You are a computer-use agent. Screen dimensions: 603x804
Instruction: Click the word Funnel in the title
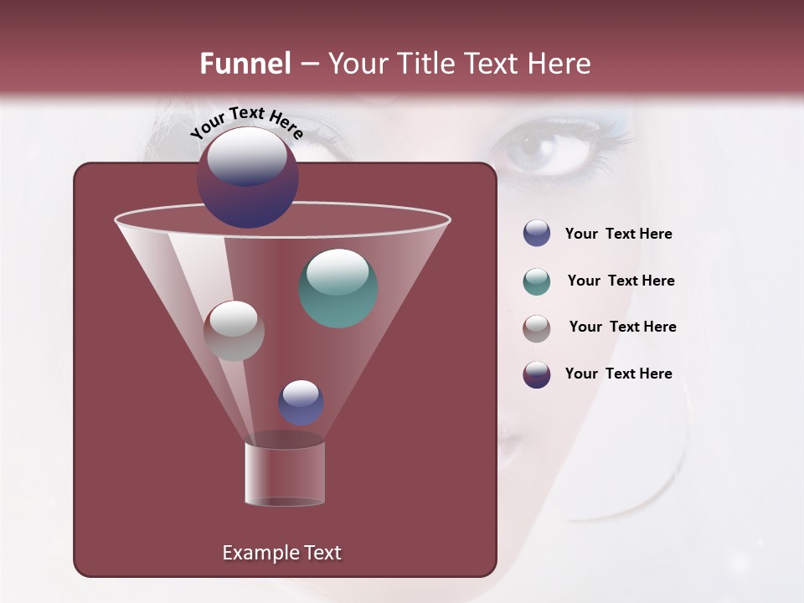point(245,64)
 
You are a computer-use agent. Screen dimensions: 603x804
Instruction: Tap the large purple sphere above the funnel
point(248,178)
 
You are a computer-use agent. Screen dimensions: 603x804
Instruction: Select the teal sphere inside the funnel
point(338,288)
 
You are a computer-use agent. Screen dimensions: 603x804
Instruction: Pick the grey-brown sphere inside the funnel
point(234,331)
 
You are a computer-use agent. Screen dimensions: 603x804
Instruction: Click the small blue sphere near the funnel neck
point(301,403)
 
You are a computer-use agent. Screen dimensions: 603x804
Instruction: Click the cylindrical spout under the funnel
point(284,475)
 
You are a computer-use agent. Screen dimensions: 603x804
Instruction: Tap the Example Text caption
point(281,553)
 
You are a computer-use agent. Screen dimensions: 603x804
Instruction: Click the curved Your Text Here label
point(246,121)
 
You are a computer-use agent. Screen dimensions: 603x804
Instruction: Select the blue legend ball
point(537,234)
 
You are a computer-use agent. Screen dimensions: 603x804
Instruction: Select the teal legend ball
point(537,281)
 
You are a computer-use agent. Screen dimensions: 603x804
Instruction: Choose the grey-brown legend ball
point(537,328)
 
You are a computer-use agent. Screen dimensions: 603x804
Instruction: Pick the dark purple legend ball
point(537,374)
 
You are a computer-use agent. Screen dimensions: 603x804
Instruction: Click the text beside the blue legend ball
point(618,234)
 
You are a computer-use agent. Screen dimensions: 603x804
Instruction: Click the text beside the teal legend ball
point(621,281)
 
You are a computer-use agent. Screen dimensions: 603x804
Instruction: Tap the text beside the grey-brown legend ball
point(622,327)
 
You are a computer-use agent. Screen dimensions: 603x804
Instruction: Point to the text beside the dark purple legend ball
point(618,374)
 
